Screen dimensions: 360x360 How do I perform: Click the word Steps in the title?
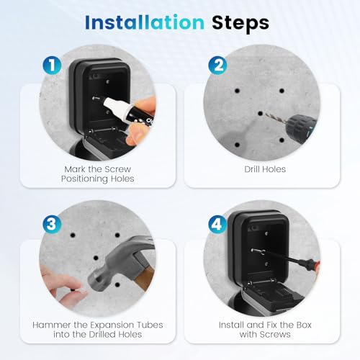pyautogui.click(x=240, y=22)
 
